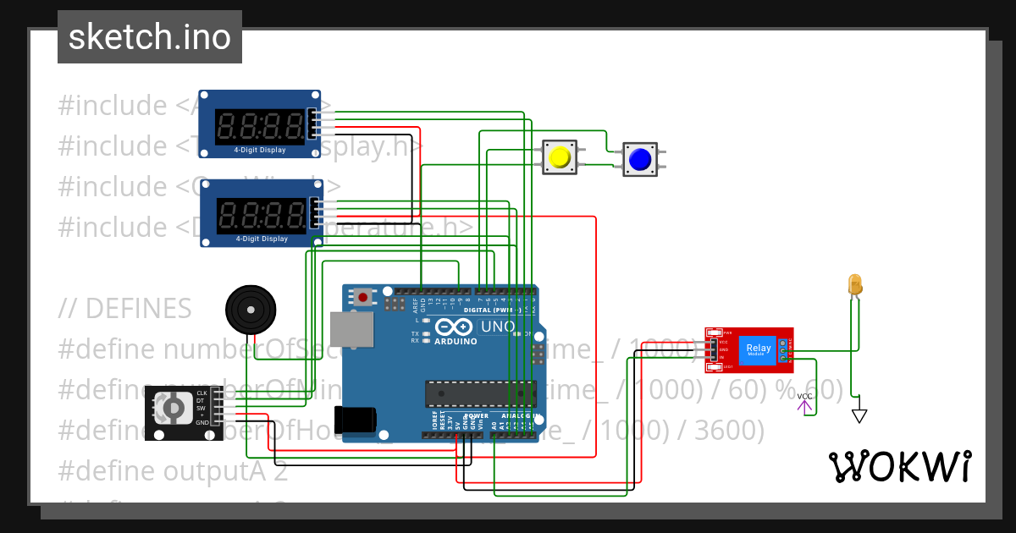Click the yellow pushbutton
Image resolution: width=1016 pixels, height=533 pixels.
560,157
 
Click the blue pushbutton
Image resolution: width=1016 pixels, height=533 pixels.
640,159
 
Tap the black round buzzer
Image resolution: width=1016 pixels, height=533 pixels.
251,310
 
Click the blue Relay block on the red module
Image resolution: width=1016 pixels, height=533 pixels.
758,349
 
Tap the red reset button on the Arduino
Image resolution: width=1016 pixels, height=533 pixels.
363,296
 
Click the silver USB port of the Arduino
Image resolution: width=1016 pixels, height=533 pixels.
350,328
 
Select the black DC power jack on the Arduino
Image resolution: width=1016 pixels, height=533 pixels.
356,420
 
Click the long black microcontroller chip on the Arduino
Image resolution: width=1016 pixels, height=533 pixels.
480,393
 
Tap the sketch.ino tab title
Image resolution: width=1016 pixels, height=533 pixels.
150,37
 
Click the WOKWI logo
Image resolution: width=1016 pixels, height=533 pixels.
899,466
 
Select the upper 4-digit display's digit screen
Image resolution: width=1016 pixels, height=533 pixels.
261,127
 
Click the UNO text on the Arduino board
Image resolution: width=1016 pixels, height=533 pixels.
497,327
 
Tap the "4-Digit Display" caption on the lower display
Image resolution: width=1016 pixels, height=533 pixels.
262,239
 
